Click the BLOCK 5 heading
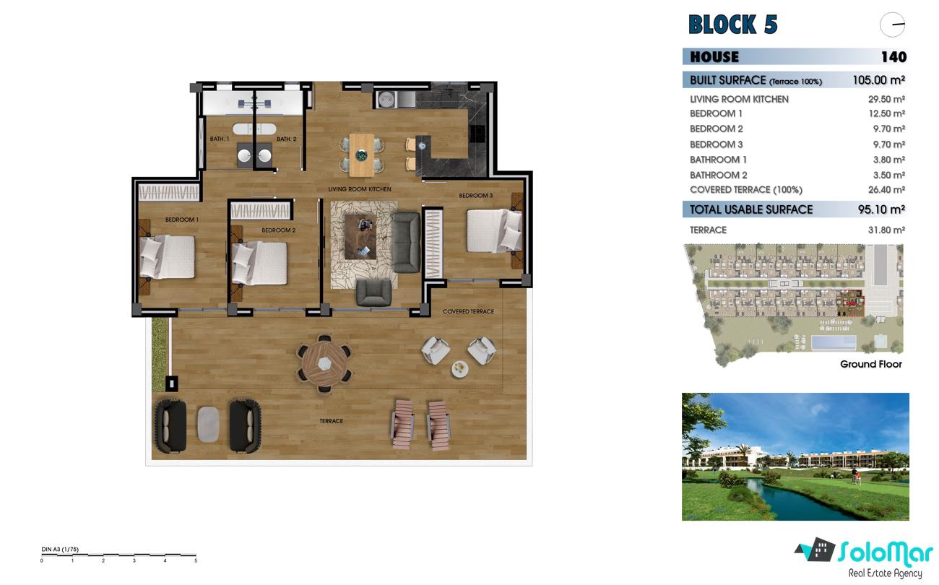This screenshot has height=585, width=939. [732, 25]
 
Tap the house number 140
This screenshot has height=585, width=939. [893, 57]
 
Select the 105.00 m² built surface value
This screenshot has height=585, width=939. [878, 80]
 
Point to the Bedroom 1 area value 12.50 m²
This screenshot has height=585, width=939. [886, 113]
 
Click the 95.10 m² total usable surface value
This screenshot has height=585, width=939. [881, 209]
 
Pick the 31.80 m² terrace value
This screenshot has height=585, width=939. [886, 230]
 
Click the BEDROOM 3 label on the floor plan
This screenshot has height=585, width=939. [476, 196]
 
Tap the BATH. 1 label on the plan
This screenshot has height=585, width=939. [220, 139]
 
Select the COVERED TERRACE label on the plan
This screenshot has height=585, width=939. [468, 311]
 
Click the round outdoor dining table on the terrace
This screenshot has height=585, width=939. [324, 363]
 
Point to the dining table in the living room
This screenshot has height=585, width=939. [361, 155]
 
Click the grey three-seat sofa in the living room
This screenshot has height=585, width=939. [406, 242]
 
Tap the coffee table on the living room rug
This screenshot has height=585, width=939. [360, 237]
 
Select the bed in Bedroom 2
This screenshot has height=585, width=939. [259, 263]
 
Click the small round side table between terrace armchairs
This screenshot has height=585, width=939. [460, 369]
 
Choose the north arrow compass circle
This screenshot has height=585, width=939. [892, 25]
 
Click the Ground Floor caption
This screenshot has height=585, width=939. [870, 364]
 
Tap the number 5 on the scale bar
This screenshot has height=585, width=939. [196, 560]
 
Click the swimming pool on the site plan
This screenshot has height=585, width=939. [834, 342]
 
